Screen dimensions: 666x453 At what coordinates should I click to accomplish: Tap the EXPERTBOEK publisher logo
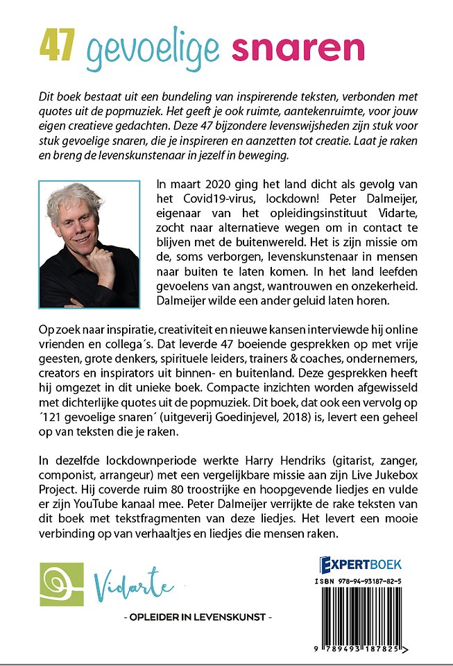(x=360, y=564)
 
